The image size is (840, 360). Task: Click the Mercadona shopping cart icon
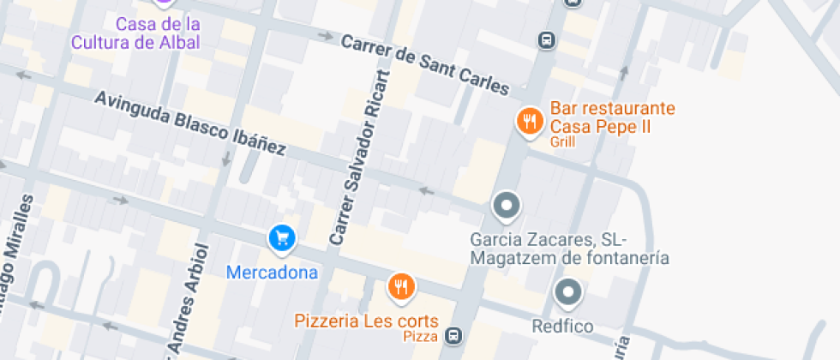(281, 239)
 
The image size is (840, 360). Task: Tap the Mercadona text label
(272, 273)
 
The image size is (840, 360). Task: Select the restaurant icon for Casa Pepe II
(531, 121)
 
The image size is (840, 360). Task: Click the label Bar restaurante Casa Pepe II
(612, 117)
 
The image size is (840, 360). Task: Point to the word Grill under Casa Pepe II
(563, 142)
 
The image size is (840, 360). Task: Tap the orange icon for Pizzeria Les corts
(400, 287)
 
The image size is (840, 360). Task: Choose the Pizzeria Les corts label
(367, 321)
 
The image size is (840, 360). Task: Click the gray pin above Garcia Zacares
(507, 206)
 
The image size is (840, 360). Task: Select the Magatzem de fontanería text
(570, 257)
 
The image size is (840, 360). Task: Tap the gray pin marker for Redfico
(568, 293)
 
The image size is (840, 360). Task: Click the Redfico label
(562, 327)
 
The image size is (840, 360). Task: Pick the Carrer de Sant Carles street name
(425, 64)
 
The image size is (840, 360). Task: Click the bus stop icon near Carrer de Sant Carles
(545, 39)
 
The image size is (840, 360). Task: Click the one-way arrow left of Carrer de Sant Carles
(326, 36)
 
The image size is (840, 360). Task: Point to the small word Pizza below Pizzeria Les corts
(421, 337)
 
